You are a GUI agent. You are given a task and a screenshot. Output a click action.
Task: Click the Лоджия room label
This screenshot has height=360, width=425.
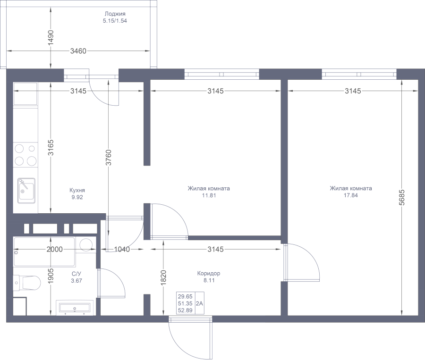pyautogui.click(x=115, y=14)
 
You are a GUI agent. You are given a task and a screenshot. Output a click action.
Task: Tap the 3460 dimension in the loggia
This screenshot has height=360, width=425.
pyautogui.click(x=78, y=51)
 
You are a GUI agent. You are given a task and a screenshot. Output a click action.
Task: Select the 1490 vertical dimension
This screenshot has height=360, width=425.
pyautogui.click(x=51, y=38)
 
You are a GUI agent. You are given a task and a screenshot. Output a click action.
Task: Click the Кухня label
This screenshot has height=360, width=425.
pyautogui.click(x=77, y=190)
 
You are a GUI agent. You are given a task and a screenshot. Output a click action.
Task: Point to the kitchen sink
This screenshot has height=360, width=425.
pyautogui.click(x=26, y=191)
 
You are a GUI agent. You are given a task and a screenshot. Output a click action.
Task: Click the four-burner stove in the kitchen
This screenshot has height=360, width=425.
pyautogui.click(x=26, y=155)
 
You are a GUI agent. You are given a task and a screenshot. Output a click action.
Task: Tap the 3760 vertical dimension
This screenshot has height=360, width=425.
pyautogui.click(x=109, y=158)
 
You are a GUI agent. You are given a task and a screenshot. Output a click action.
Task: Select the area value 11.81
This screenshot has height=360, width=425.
pyautogui.click(x=209, y=195)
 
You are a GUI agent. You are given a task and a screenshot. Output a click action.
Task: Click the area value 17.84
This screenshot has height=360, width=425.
pyautogui.click(x=351, y=195)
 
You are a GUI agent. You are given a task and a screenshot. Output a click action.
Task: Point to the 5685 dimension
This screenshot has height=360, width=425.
pyautogui.click(x=402, y=197)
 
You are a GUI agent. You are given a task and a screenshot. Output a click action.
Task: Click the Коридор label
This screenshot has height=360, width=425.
pyautogui.click(x=209, y=273)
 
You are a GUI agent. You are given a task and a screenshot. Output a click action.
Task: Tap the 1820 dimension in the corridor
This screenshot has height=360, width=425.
pyautogui.click(x=163, y=277)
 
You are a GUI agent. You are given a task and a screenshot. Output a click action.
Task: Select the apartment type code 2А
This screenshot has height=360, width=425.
pyautogui.click(x=199, y=303)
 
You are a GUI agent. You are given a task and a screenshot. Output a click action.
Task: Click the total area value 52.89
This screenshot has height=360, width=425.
pyautogui.click(x=185, y=310)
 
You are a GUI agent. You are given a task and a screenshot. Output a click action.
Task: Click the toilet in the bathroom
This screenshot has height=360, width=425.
pyautogui.click(x=26, y=283)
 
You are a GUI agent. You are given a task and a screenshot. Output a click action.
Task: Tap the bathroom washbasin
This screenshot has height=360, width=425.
pyautogui.click(x=75, y=308)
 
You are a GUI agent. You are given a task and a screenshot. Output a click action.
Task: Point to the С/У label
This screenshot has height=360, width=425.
pyautogui.click(x=76, y=274)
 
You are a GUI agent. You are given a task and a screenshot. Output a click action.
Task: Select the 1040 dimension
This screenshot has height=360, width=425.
pyautogui.click(x=122, y=249)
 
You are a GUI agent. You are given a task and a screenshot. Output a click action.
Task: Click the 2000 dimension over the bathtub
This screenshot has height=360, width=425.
pyautogui.click(x=54, y=249)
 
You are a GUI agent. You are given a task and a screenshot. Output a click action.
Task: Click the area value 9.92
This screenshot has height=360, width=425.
pyautogui.click(x=77, y=197)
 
